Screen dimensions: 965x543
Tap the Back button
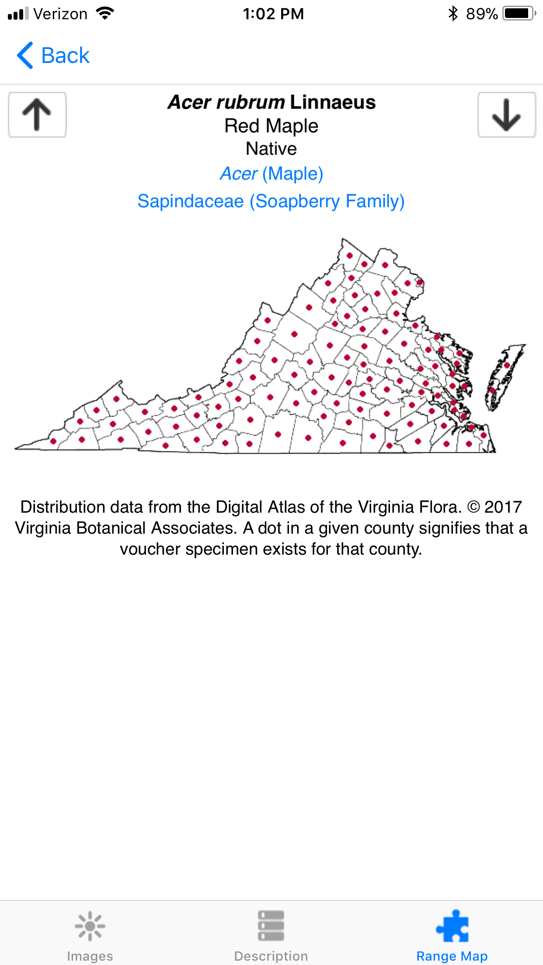click(53, 56)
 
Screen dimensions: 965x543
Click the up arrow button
click(37, 115)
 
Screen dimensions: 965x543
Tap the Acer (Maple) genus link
click(271, 174)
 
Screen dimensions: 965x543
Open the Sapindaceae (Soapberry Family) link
click(271, 201)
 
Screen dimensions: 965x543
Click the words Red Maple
click(271, 126)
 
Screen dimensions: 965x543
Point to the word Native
click(271, 149)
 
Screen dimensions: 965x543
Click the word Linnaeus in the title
click(332, 102)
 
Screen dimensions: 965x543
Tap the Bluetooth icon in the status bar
click(453, 14)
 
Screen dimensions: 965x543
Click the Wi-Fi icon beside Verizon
click(105, 14)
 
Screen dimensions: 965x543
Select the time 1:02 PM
click(273, 14)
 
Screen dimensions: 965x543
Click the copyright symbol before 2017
click(473, 507)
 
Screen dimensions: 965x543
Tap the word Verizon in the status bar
click(60, 14)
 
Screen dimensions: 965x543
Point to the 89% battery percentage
click(481, 14)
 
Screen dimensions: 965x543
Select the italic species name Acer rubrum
click(226, 102)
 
